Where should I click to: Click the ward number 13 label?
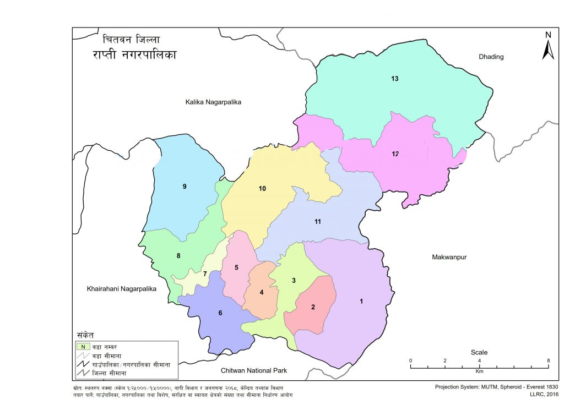(394, 79)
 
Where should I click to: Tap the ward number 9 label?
(185, 187)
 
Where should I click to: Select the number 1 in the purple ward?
(361, 301)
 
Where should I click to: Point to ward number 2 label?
(313, 307)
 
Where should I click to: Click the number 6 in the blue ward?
(220, 313)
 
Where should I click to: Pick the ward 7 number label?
(204, 274)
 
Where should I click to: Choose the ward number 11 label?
(317, 222)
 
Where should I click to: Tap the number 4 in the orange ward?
(262, 292)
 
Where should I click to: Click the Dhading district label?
(491, 57)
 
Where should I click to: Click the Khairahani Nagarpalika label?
(122, 288)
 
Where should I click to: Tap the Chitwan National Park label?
(254, 370)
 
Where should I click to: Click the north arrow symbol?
(547, 47)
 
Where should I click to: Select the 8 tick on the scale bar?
(548, 360)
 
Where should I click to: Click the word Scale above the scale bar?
(479, 352)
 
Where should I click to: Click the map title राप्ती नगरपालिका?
(134, 56)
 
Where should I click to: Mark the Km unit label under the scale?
(479, 371)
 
